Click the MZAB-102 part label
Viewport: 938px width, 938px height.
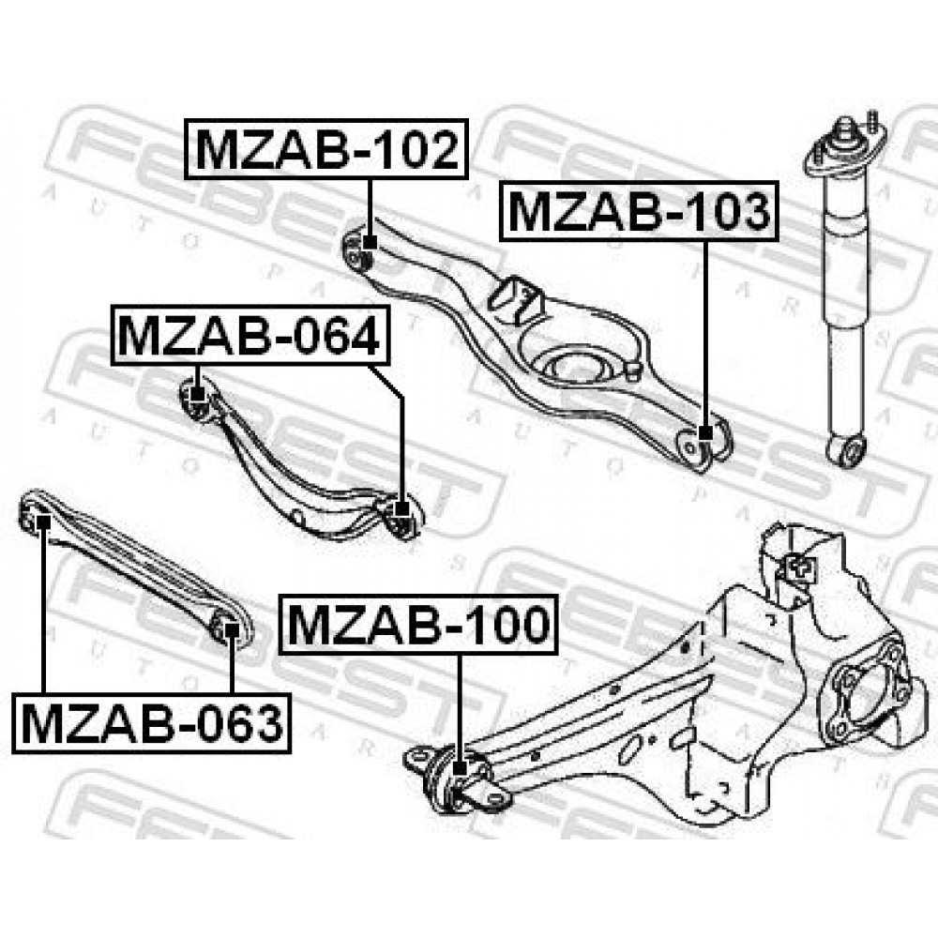326,149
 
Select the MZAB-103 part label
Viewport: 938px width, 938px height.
639,211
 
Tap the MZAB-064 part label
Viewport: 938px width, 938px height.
250,335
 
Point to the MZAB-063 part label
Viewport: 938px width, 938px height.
151,722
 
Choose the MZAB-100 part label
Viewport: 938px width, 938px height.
418,625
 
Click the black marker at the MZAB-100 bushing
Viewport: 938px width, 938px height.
460,767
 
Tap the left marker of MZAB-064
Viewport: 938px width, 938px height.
197,395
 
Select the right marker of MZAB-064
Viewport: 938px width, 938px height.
402,509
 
